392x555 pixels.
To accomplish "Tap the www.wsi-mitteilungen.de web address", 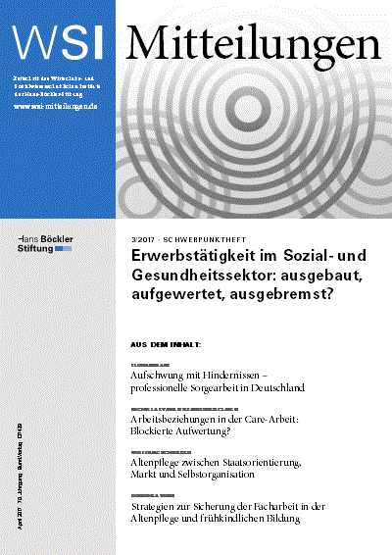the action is [x=55, y=106].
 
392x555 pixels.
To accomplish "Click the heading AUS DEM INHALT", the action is [x=166, y=344].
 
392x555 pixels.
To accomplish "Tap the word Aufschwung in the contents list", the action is [x=164, y=376].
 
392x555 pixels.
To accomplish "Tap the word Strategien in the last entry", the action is [x=157, y=506].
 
